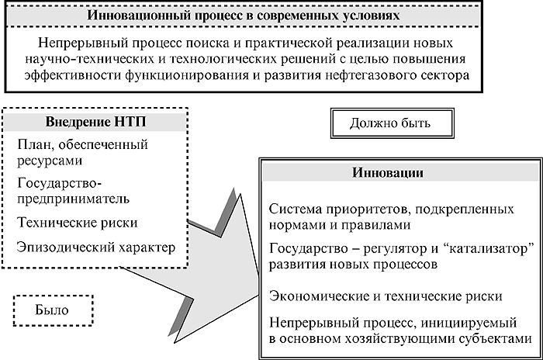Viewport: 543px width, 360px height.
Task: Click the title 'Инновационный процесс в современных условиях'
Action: click(243, 16)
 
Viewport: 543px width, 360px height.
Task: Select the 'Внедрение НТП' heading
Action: click(95, 122)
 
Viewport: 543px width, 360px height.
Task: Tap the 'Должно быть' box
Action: click(392, 123)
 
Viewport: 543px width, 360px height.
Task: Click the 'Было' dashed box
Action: click(53, 310)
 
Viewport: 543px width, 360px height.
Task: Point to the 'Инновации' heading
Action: click(388, 172)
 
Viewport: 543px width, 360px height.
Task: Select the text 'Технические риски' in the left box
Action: click(78, 223)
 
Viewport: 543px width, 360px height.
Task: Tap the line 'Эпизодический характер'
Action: click(96, 247)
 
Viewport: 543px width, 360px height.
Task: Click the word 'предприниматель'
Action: click(74, 199)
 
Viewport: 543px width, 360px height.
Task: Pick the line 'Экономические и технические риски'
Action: click(386, 296)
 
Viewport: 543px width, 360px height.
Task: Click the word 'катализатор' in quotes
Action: click(488, 249)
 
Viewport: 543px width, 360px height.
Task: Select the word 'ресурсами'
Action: click(50, 161)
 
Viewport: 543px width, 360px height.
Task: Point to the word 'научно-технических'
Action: click(89, 59)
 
